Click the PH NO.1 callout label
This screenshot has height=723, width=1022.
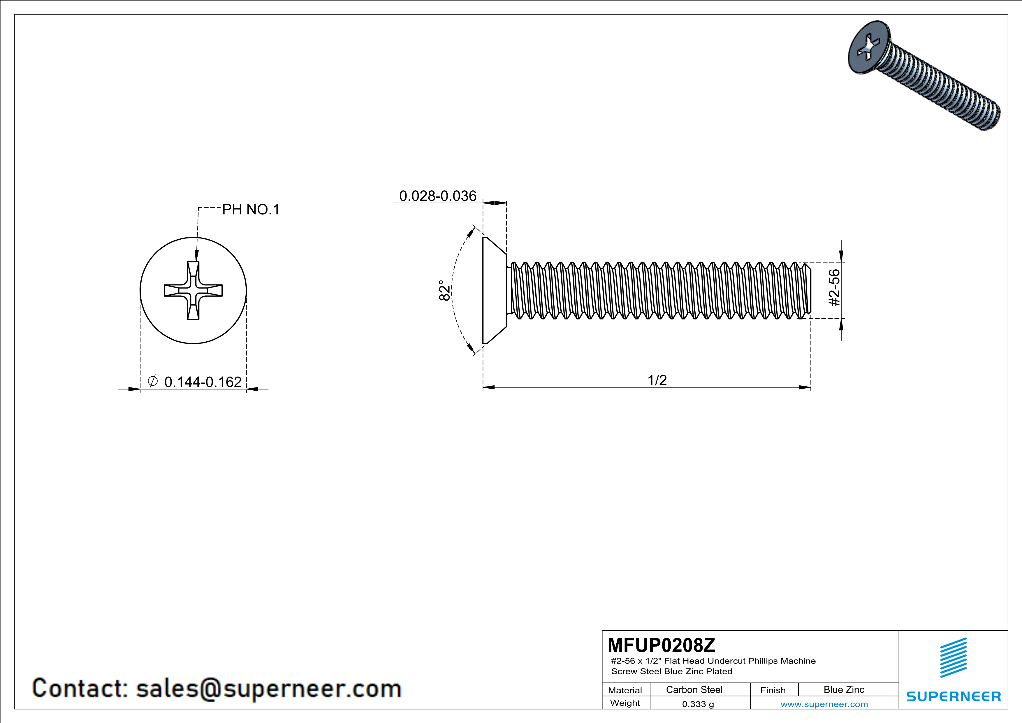point(251,209)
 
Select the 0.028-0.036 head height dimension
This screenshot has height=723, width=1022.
point(437,196)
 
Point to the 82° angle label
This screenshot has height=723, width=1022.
point(444,290)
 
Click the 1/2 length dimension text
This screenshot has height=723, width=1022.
point(657,380)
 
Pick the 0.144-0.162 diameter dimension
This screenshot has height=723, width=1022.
point(203,382)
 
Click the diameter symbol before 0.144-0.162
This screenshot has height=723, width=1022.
point(152,381)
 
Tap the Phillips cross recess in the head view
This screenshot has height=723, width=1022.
point(193,290)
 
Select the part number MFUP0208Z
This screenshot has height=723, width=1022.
point(662,645)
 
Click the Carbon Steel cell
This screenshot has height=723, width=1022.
point(694,689)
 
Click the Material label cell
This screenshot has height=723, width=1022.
point(625,690)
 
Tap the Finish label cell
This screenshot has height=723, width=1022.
point(773,690)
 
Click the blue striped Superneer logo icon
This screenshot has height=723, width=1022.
point(953,658)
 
